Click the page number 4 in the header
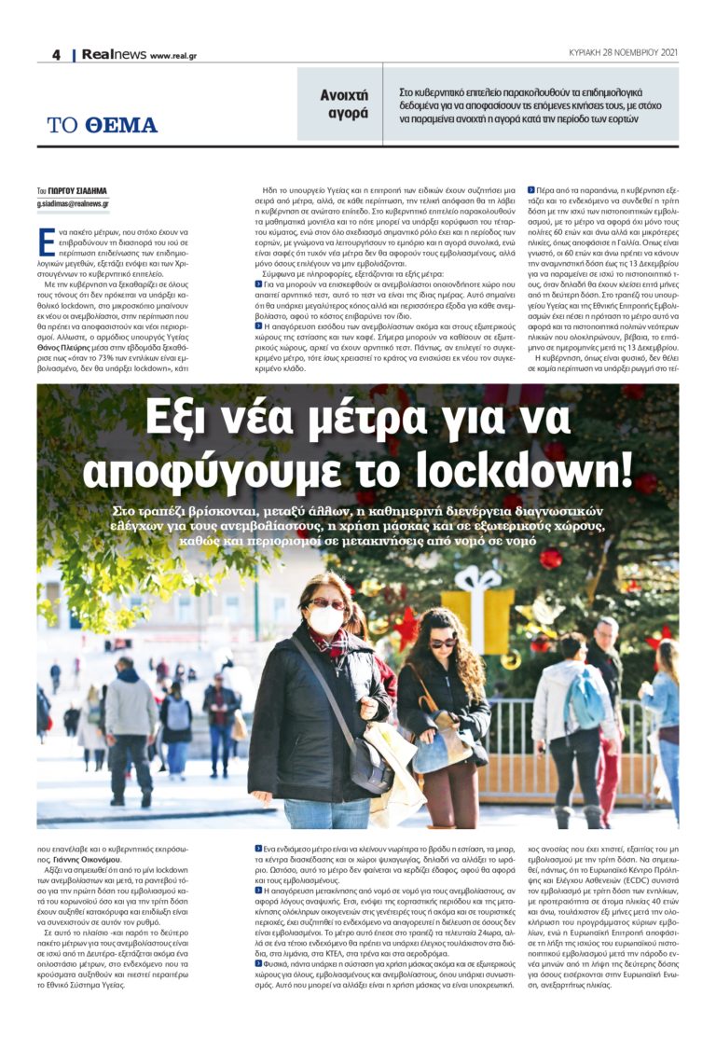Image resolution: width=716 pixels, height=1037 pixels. pyautogui.click(x=56, y=55)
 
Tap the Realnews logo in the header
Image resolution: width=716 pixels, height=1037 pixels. pyautogui.click(x=113, y=55)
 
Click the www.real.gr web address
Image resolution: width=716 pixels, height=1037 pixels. pyautogui.click(x=173, y=56)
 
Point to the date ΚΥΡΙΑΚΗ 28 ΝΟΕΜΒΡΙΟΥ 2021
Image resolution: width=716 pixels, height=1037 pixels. pyautogui.click(x=623, y=53)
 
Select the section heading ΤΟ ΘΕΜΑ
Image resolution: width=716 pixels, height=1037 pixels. pyautogui.click(x=103, y=125)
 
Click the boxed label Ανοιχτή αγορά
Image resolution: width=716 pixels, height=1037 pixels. pyautogui.click(x=344, y=104)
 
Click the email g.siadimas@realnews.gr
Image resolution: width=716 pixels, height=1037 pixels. pyautogui.click(x=73, y=202)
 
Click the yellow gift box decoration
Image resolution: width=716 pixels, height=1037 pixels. pyautogui.click(x=477, y=616)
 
